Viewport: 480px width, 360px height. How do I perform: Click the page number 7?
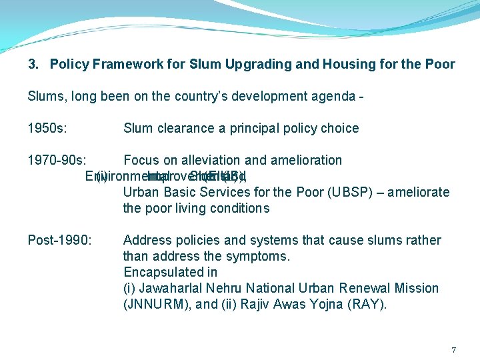[453, 350]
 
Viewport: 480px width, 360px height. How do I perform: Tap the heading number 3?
[33, 65]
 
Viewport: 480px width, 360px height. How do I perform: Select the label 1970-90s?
[56, 160]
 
